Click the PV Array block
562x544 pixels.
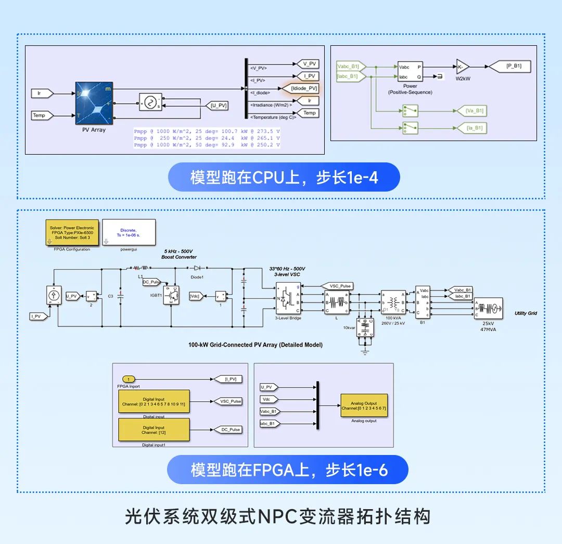click(x=94, y=103)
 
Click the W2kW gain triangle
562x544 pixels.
click(x=462, y=66)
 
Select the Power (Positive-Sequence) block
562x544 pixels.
click(x=410, y=72)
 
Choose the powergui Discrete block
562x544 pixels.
click(x=129, y=232)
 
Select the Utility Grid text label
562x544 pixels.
click(x=526, y=313)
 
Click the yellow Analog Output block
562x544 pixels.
click(x=364, y=406)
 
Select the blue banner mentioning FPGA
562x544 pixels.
click(x=288, y=470)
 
